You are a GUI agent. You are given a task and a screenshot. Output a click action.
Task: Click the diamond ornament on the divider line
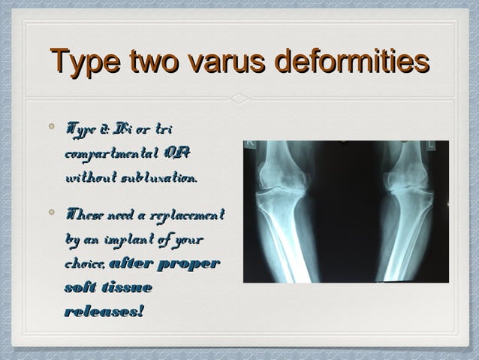[x=239, y=98]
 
